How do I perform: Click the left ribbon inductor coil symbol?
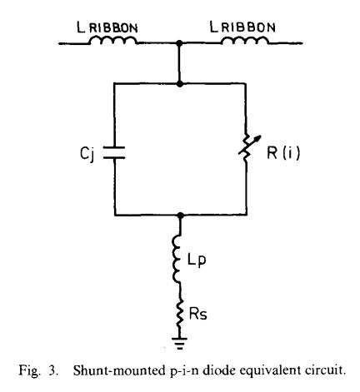pos(113,41)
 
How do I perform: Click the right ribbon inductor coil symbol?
pos(245,41)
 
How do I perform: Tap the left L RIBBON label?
pos(107,27)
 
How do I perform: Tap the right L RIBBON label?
pos(242,27)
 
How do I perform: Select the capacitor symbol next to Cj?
pos(114,152)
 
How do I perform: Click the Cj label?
pos(87,153)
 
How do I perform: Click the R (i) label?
pos(283,152)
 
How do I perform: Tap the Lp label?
pos(197,261)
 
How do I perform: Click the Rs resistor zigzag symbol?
pos(180,314)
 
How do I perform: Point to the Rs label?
pos(197,314)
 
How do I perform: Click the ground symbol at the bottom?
pos(180,343)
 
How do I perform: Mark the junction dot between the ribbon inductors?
pos(180,43)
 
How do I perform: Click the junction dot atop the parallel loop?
pos(180,83)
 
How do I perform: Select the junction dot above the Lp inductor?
pos(181,215)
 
